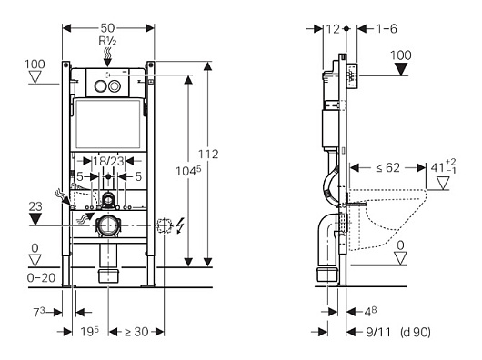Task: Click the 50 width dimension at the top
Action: point(107,28)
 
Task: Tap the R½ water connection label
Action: point(107,41)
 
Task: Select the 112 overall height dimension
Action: point(208,155)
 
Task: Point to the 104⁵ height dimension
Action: point(188,171)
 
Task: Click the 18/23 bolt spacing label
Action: point(108,161)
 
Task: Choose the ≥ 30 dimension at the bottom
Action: point(136,332)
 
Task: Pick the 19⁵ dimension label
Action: point(90,332)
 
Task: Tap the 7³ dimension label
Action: point(39,313)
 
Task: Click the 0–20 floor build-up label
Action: point(41,278)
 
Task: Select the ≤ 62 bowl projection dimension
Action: point(387,167)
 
